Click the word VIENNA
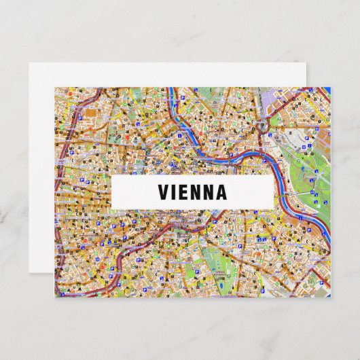tap(192, 192)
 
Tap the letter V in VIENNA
tap(164, 192)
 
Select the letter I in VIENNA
tap(175, 192)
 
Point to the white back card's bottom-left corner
tap(31, 278)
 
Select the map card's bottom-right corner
tap(329, 297)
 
